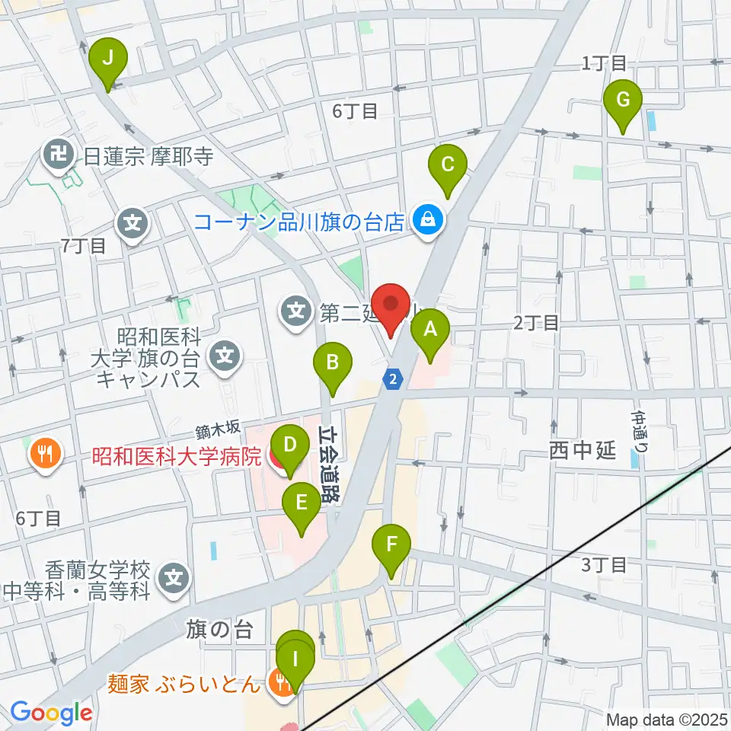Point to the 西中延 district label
tap(582, 450)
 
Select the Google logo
tap(51, 713)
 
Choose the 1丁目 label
tap(604, 63)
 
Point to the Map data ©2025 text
tap(666, 720)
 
